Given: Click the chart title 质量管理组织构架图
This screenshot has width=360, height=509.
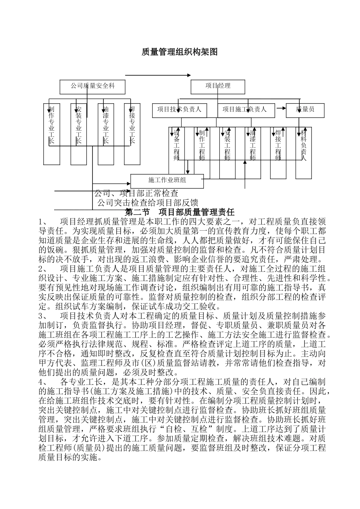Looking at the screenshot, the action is tap(180, 52).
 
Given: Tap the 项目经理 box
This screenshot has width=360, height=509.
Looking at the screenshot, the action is tap(218, 86).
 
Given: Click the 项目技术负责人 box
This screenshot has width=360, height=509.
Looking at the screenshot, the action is tap(179, 110).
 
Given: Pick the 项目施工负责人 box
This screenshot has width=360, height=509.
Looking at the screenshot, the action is tap(244, 110).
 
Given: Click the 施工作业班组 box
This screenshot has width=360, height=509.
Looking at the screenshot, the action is tap(167, 181).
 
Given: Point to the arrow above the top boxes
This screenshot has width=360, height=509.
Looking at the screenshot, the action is tap(157, 75).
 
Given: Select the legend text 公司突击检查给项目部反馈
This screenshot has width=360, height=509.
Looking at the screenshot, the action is tap(147, 203).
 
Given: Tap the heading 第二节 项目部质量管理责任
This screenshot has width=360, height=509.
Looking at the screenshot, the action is tap(180, 212).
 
